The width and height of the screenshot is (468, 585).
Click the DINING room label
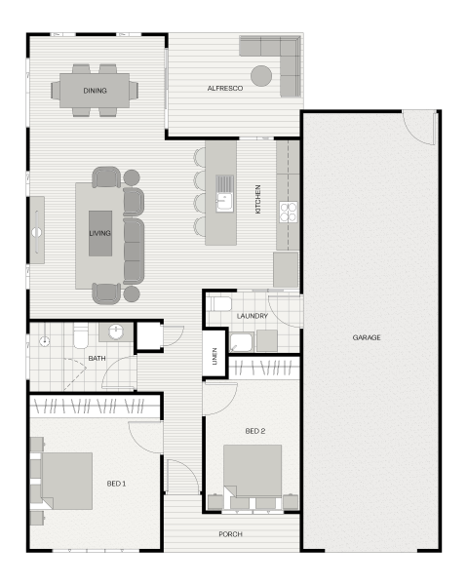[95, 91]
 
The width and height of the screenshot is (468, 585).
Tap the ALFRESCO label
[225, 89]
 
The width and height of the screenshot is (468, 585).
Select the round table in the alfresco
[261, 76]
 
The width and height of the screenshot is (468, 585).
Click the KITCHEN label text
[257, 199]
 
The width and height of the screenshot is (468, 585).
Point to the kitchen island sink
[224, 202]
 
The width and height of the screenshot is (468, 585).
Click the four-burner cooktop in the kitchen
[289, 212]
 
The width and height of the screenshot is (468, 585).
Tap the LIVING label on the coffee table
[100, 233]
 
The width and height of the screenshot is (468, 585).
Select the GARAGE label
[367, 337]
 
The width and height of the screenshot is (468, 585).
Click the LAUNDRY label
[253, 316]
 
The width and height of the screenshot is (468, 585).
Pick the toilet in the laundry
[220, 304]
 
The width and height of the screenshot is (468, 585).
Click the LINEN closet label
[214, 356]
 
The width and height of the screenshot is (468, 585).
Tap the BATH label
[97, 359]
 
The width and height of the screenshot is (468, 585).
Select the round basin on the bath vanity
[116, 332]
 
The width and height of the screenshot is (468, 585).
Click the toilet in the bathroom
[81, 335]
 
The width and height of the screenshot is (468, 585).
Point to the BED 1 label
[116, 484]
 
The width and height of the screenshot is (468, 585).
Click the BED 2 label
[255, 431]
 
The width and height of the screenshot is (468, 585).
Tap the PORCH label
[231, 534]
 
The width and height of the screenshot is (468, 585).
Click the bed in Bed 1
[67, 482]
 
